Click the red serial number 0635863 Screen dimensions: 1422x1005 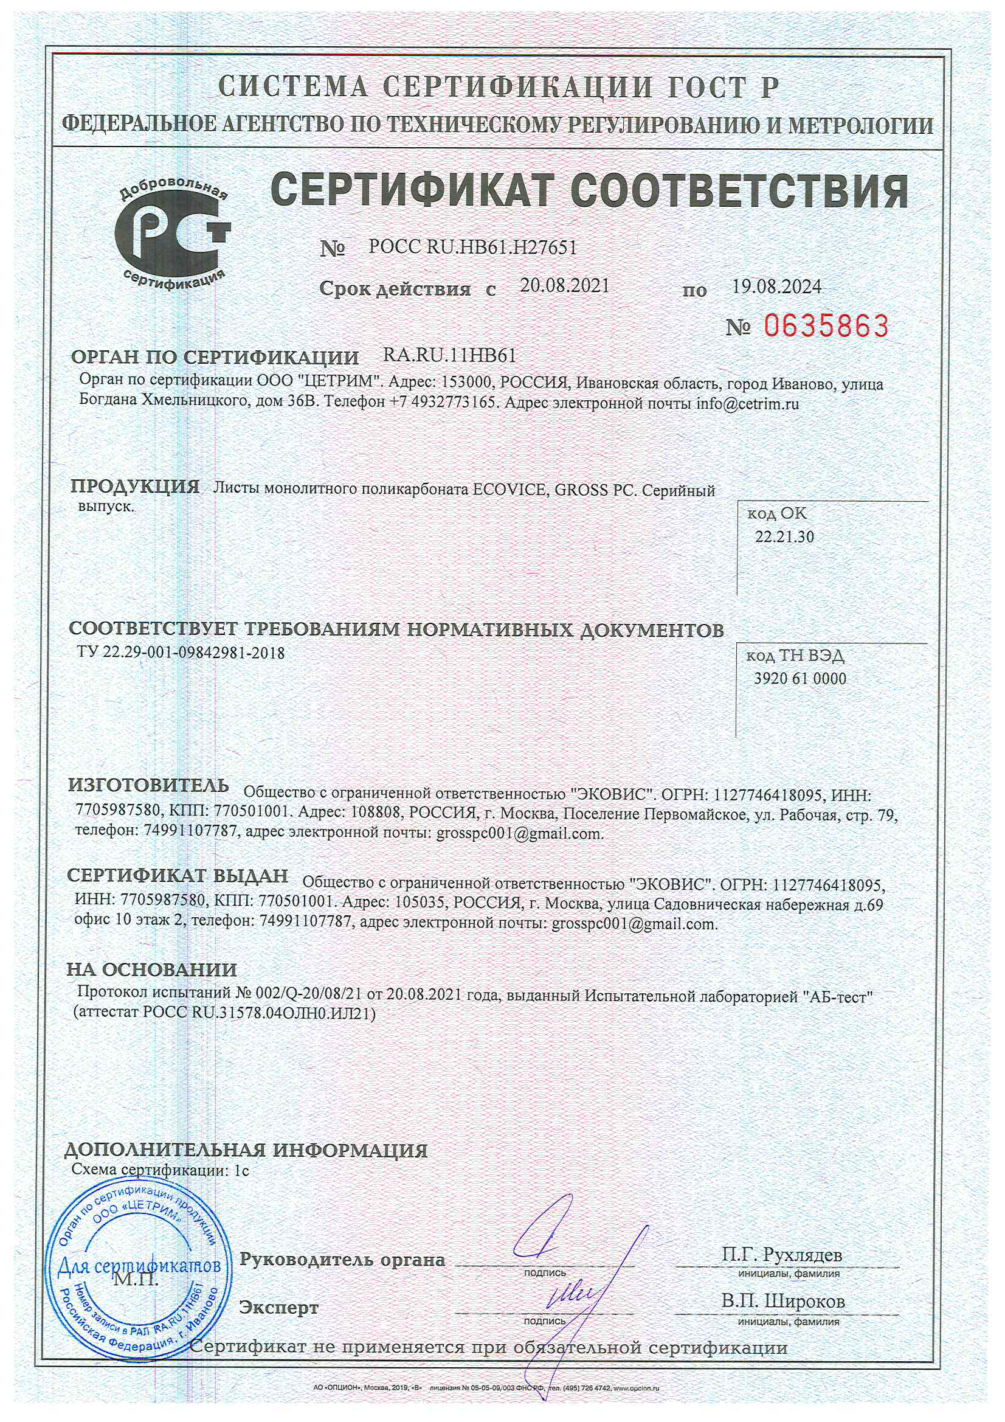[826, 326]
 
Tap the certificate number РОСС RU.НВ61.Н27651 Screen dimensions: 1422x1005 [472, 248]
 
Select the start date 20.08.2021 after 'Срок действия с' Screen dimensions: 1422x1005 [564, 285]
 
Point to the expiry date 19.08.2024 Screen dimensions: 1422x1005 [776, 286]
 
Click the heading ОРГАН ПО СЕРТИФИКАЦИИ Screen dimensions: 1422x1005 [215, 358]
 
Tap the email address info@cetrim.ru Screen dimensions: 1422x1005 [747, 404]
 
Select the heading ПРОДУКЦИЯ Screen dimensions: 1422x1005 [135, 487]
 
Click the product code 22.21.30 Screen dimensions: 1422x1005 [784, 536]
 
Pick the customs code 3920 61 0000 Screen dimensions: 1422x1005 [800, 678]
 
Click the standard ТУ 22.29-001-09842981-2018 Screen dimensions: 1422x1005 [181, 653]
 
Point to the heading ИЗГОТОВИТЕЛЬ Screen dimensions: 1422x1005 [148, 786]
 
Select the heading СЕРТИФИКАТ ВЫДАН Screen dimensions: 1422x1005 [178, 876]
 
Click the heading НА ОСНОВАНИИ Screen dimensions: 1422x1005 [153, 969]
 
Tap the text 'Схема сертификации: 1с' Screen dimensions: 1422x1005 [161, 1170]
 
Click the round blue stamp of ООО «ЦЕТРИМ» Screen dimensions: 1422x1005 [140, 1268]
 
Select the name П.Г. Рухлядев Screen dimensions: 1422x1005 [782, 1255]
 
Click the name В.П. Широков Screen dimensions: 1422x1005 [782, 1301]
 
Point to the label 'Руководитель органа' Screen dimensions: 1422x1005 [342, 1260]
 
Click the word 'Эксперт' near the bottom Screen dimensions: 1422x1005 [278, 1308]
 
